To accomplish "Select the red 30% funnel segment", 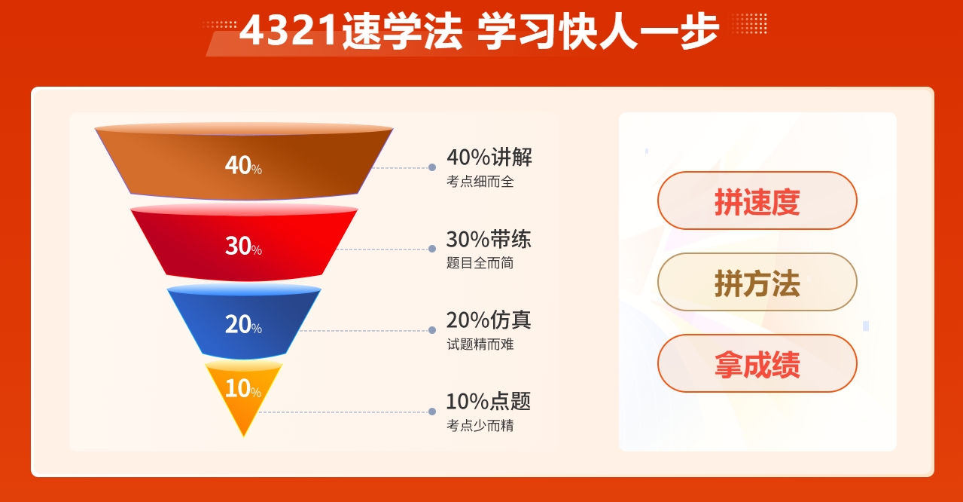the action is tap(244, 243).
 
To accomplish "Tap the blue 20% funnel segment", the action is tap(244, 322).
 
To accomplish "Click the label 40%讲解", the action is tap(489, 157).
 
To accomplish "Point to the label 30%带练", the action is tap(489, 239).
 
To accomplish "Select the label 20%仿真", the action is tap(489, 320).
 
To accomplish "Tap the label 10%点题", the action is tap(489, 401).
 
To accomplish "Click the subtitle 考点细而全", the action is tap(480, 181).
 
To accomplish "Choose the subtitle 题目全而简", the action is tap(480, 262).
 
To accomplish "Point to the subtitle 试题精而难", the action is tap(480, 344).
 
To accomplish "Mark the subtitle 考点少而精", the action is tap(480, 425).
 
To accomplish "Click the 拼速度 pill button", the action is tap(757, 200).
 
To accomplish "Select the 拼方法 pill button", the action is tap(757, 282).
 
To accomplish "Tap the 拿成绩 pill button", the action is tap(757, 363).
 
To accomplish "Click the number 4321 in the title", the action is tap(288, 30).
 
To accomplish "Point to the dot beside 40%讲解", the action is tap(432, 167).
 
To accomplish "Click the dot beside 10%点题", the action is tap(432, 412).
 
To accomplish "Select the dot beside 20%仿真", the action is tap(432, 330).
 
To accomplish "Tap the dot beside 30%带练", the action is tap(432, 249).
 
